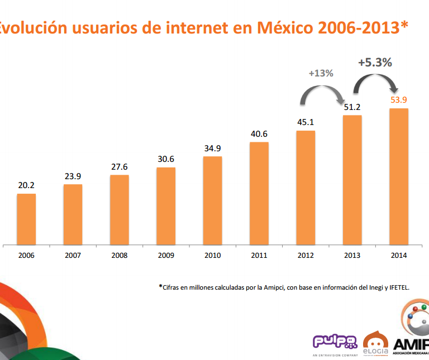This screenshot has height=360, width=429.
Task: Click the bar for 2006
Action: click(x=26, y=219)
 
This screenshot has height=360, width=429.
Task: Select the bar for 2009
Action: click(x=166, y=205)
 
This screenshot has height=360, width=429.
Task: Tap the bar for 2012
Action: click(x=306, y=187)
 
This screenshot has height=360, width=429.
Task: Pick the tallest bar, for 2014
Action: click(x=399, y=176)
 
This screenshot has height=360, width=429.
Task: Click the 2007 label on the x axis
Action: click(x=73, y=256)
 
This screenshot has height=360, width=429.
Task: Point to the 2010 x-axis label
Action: click(x=212, y=256)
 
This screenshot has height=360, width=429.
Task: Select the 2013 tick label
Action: click(x=352, y=256)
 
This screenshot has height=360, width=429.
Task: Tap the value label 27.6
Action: click(x=119, y=167)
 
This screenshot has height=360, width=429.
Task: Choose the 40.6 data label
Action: click(x=259, y=134)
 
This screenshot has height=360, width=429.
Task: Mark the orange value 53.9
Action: click(x=399, y=100)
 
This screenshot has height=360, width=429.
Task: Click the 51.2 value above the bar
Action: click(x=352, y=107)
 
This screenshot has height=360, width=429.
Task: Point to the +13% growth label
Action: click(x=321, y=73)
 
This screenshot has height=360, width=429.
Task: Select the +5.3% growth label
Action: click(x=375, y=63)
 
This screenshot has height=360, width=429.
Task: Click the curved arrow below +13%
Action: click(x=322, y=92)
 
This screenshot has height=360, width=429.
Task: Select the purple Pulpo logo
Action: click(x=335, y=342)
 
